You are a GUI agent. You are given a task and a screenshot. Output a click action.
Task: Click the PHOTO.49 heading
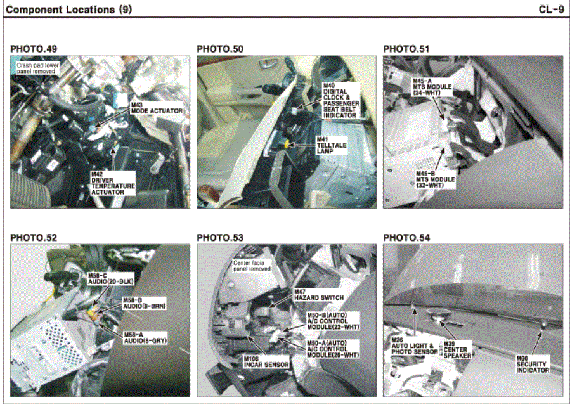[34, 49]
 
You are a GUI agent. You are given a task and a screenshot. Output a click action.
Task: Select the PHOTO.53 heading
[220, 238]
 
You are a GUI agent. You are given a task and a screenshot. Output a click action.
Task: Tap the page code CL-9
[551, 10]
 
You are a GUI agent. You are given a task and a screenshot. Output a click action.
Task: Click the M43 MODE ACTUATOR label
[157, 108]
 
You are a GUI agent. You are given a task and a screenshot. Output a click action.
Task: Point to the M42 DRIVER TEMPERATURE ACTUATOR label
[113, 183]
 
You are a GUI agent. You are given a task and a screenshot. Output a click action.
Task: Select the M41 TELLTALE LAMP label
[332, 145]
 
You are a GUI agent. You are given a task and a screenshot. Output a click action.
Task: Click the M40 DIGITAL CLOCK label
[341, 100]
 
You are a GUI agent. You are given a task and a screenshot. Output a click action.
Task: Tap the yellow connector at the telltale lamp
[287, 145]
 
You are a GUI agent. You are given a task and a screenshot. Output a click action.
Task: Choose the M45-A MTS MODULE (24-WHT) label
[432, 87]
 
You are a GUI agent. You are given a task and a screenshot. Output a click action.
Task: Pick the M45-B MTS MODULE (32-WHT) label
[435, 179]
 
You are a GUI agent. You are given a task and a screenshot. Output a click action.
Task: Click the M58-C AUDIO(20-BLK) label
[111, 279]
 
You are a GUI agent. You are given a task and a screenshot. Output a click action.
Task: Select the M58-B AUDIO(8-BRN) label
[145, 304]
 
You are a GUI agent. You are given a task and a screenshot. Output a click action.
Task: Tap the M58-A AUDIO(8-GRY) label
[145, 338]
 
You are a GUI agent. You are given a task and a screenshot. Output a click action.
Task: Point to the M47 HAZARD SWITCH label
[319, 295]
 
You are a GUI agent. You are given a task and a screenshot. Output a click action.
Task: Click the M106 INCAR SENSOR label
[266, 362]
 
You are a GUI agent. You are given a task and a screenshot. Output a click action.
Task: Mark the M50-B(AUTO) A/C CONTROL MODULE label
[333, 321]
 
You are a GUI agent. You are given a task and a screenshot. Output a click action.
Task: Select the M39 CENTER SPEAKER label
[457, 349]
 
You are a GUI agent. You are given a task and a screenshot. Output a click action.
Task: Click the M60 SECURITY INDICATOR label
[533, 364]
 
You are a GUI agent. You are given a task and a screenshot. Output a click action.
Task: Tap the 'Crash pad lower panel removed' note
[38, 68]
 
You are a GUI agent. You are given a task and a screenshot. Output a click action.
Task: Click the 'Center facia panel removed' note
[252, 266]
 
